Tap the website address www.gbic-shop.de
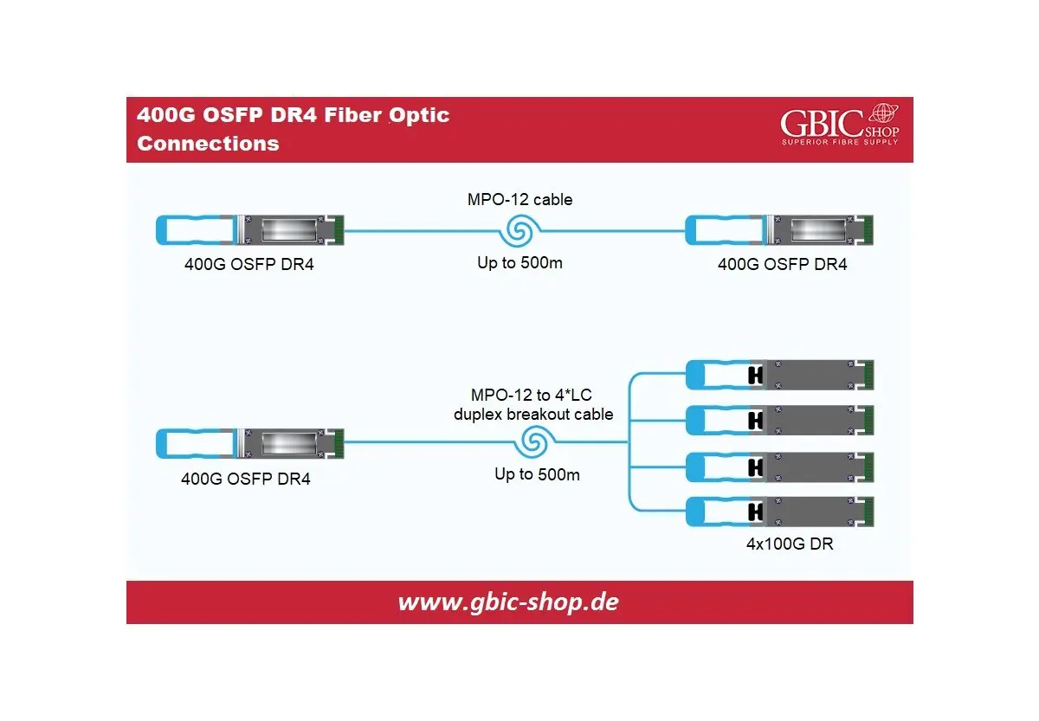(508, 602)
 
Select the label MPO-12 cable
(519, 199)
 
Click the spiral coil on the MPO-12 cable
(522, 231)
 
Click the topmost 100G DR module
(780, 374)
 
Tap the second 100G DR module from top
(780, 420)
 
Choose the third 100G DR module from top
(780, 467)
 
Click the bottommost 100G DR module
(780, 512)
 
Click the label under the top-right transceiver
(782, 264)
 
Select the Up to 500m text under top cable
(519, 262)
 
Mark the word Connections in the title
(208, 144)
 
